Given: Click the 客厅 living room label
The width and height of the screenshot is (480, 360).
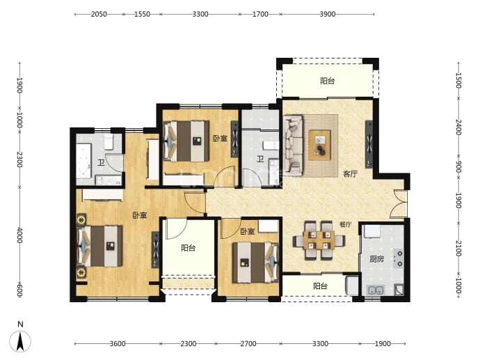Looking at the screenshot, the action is pos(350,174).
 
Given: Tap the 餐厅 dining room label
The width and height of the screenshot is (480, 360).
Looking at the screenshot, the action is pos(345,224).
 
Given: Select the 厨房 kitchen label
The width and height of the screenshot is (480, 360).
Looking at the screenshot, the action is pos(376,259).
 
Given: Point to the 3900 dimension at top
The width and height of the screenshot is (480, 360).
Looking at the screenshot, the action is pos(328,14).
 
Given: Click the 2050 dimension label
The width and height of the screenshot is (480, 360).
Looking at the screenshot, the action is pos(99,14).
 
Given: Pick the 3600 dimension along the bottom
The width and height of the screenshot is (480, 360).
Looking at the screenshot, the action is pos(118,344).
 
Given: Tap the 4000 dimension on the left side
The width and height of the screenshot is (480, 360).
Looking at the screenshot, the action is pos(19,235).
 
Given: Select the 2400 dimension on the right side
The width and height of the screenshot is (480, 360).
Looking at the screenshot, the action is pos(458,127).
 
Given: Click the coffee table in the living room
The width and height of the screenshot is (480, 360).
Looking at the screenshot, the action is pos(320,145).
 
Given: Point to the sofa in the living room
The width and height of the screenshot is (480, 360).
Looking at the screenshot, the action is pos(293,146).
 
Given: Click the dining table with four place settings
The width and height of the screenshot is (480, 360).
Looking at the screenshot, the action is pos(319,240).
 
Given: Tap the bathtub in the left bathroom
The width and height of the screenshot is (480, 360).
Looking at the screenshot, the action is pos(83,160).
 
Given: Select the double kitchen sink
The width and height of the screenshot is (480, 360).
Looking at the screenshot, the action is pos(376,290).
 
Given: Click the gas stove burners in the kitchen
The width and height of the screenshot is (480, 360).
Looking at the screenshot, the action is pos(399,258).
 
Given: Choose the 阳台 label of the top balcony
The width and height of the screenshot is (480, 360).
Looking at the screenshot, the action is pos(327,81).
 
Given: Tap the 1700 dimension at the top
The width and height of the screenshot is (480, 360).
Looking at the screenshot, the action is pos(260,14).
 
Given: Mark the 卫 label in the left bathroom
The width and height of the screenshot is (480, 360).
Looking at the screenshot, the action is pos(101,162).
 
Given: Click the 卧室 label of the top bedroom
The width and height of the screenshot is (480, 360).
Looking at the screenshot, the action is pos(221,139).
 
